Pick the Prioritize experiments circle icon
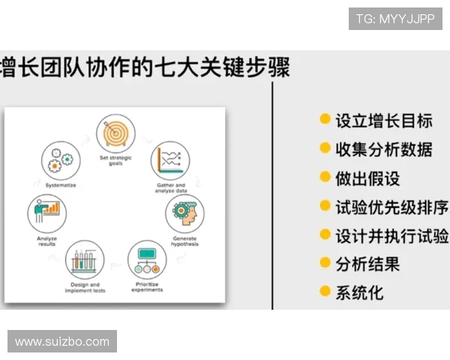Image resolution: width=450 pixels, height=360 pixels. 148,260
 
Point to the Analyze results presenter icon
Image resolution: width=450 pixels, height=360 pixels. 47,214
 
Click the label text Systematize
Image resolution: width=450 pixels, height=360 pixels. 60,184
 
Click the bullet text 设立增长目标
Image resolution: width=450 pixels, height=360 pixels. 383,120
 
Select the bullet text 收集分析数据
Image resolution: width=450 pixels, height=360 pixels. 383,148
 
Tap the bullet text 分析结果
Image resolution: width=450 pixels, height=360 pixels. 367,264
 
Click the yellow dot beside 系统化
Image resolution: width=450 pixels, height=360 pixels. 325,291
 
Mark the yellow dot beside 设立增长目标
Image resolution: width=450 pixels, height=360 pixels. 325,119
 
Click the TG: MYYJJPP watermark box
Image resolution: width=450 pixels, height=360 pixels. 395,19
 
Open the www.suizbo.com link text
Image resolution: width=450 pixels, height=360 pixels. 62,342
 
